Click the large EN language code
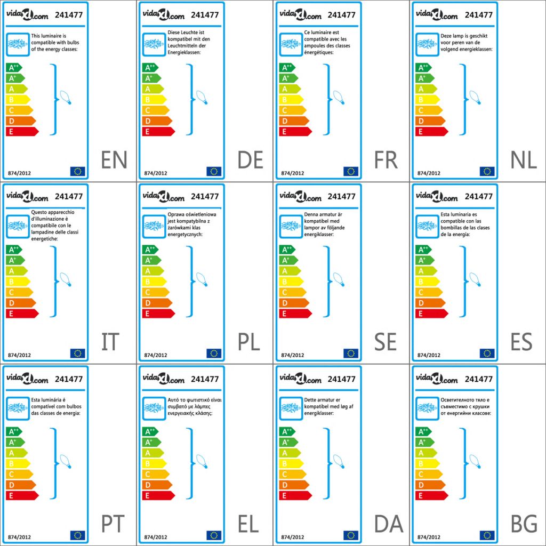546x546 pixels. pos(114,160)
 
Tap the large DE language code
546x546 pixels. pos(251,160)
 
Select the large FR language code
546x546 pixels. pos(386,160)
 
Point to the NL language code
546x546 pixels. pos(523,160)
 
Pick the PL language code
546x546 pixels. pos(249,342)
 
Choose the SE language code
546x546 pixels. pos(386,342)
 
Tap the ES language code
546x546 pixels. pos(521,342)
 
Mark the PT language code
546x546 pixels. pos(113,524)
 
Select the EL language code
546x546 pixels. pos(248,524)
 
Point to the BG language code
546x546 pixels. pos(523,524)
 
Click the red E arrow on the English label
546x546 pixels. pos(22,132)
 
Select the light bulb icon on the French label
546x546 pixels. pos(339,97)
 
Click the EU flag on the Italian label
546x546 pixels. pos(77,353)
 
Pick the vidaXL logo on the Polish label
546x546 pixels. pos(163,197)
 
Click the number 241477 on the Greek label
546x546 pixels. pos(205,379)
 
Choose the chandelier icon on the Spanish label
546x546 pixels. pos(427,226)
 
